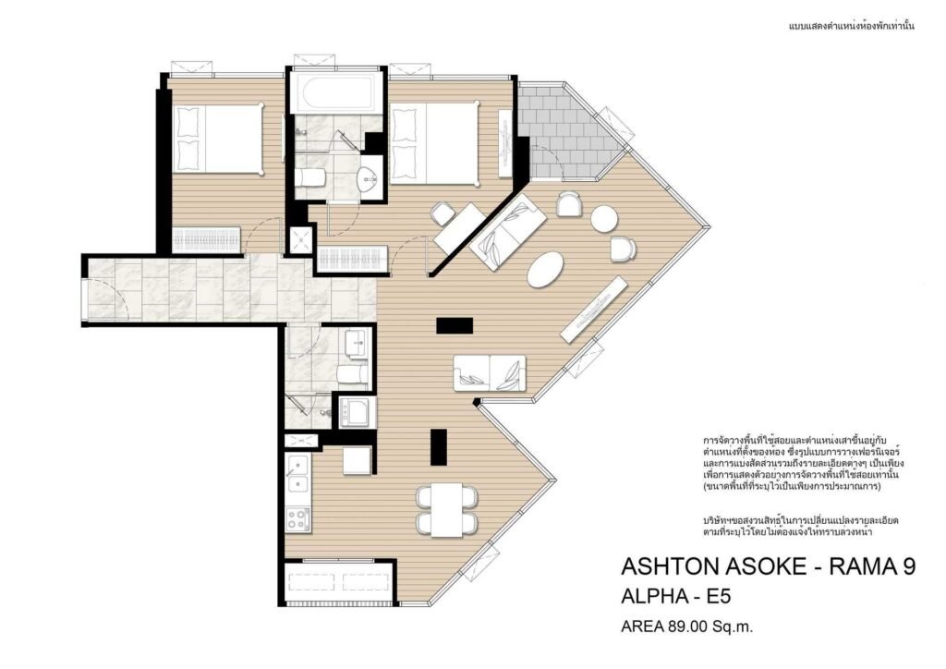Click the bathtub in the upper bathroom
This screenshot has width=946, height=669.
tap(336, 93)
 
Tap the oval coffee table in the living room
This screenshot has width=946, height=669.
tap(546, 270)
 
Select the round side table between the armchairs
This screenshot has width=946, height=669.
tap(604, 219)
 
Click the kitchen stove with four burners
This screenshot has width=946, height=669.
tap(297, 519)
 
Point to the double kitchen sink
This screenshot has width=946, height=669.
tap(297, 475)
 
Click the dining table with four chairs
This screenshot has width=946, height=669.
tap(447, 510)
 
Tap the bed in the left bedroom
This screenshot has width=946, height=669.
tap(218, 140)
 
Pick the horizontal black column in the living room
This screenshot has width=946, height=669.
tap(455, 325)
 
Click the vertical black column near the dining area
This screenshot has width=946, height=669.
tap(439, 447)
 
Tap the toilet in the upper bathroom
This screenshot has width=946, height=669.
tap(310, 178)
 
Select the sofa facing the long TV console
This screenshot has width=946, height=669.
tap(490, 372)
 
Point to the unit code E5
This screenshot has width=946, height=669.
tap(719, 597)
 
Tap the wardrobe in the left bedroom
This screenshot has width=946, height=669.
tap(206, 239)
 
